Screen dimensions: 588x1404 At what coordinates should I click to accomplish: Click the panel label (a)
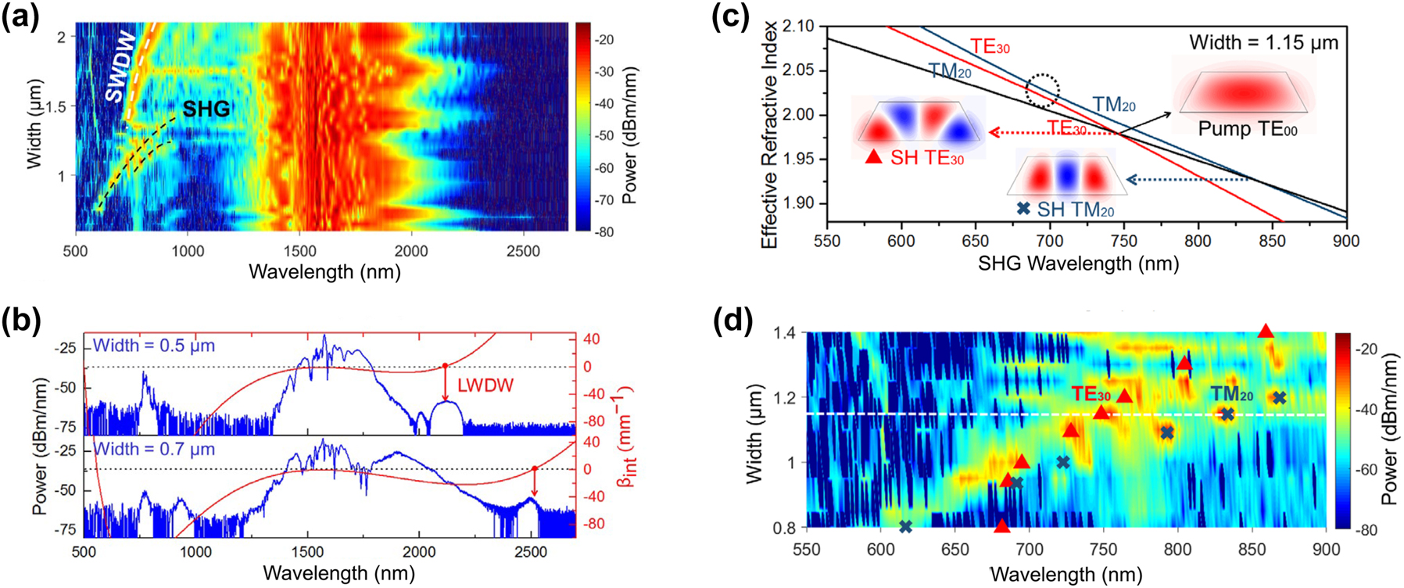point(21,16)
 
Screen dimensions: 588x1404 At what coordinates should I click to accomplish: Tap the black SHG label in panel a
point(206,109)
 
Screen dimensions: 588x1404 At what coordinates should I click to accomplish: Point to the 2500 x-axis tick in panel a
point(522,251)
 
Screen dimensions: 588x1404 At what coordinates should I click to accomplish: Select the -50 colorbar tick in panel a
point(605,136)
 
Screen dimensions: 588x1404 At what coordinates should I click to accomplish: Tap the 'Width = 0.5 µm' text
point(154,346)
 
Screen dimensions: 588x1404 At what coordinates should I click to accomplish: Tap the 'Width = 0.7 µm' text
point(154,450)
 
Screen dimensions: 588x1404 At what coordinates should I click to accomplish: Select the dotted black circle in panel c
point(1042,90)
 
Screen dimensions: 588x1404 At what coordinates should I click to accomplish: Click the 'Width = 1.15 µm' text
point(1263,43)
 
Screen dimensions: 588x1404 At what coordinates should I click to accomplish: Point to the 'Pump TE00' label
point(1247,129)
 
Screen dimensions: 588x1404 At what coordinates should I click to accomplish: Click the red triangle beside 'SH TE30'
point(874,157)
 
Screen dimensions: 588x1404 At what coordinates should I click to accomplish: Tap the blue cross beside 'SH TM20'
point(1023,209)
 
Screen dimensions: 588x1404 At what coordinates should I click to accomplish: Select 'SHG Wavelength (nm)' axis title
point(1078,264)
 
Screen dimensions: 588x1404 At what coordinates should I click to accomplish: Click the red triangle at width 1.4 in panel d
point(1266,332)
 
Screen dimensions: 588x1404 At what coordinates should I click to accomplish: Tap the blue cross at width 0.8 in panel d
point(905,526)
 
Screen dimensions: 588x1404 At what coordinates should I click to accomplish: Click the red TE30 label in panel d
point(1091,394)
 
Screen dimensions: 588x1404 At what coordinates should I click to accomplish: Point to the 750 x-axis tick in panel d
point(1104,549)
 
